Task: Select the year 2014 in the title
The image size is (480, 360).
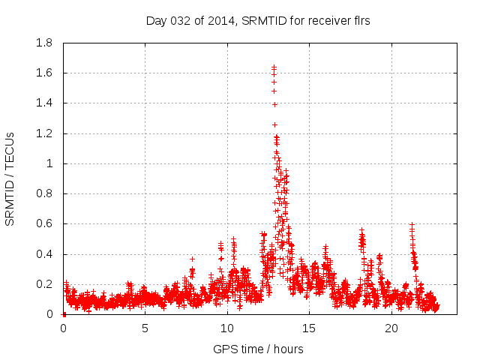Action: [219, 21]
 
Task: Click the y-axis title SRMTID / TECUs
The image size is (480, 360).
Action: [10, 178]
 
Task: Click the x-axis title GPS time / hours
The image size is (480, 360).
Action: [258, 349]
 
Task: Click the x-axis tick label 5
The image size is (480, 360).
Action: [145, 328]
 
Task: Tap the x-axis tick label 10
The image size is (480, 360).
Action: [227, 328]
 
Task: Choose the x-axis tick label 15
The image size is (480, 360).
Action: [309, 328]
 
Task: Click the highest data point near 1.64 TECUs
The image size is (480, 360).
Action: [274, 67]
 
